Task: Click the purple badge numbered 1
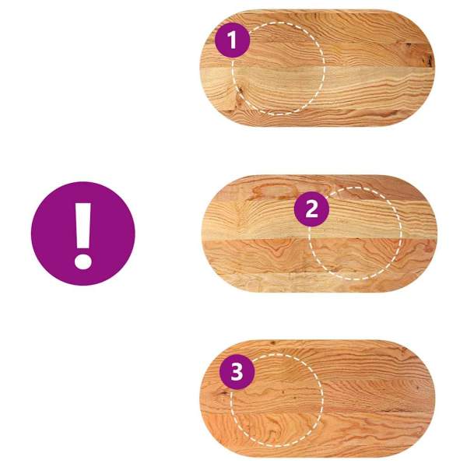(232, 40)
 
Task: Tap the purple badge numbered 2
(311, 209)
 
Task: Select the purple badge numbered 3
(237, 372)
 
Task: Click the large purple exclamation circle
(83, 233)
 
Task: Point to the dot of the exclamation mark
(83, 262)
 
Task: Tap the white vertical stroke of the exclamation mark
(83, 226)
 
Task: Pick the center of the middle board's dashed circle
(355, 233)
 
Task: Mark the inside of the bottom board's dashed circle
(276, 400)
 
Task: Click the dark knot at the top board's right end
(428, 61)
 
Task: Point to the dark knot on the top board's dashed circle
(240, 90)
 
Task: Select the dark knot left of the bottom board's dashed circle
(221, 393)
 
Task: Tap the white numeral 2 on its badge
(311, 209)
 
